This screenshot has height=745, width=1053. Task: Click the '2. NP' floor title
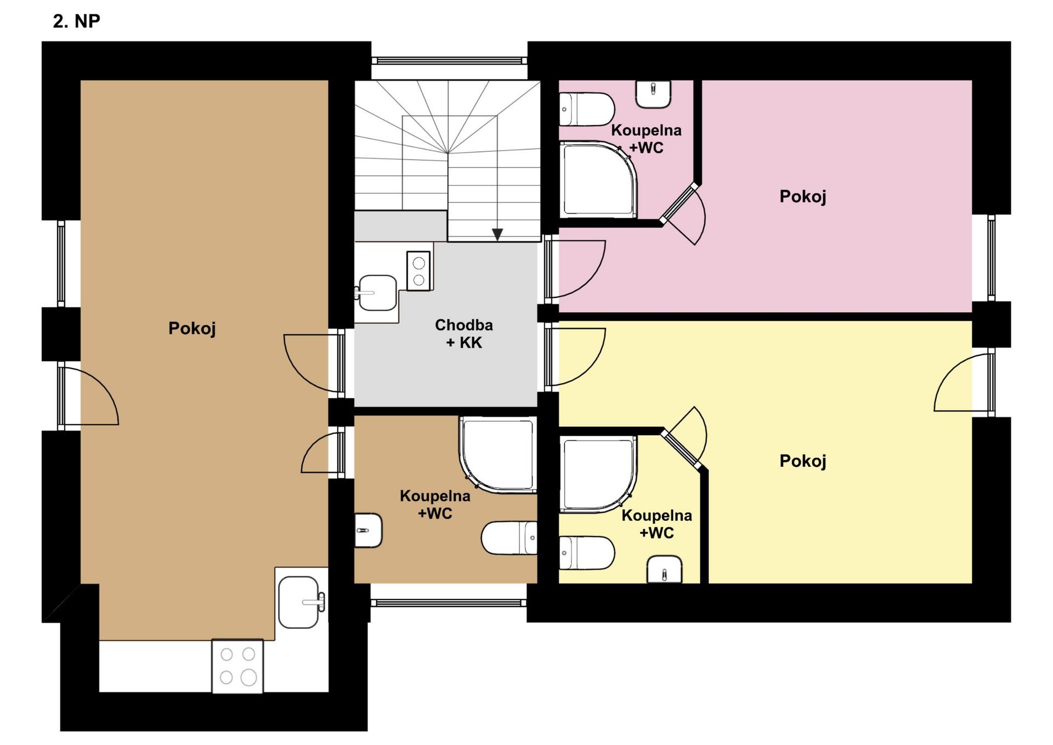coord(76,21)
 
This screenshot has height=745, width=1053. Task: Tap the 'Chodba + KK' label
coord(464,334)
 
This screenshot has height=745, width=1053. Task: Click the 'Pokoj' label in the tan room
coord(192,329)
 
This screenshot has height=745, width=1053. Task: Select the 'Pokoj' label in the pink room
coord(803,197)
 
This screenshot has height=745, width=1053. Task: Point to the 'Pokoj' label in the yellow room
coord(803,461)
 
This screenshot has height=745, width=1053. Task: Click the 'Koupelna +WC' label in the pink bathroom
coord(647,139)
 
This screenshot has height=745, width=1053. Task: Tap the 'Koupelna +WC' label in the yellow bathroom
coord(657,524)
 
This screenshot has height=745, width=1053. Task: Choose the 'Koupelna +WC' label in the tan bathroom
coord(435,504)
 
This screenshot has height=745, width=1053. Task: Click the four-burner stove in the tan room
coord(237,666)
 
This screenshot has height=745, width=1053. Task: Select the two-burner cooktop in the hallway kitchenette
coord(418,271)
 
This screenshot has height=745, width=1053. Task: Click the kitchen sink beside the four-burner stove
coord(301,602)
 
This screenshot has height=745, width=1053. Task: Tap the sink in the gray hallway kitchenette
coord(376,293)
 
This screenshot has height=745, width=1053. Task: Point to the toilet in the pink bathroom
coord(587,109)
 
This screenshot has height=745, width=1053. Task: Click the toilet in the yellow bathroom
coord(587,552)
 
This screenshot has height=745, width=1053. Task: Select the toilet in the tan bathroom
coord(509,538)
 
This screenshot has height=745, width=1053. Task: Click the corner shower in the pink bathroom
coord(598,180)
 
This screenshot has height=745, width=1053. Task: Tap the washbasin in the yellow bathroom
coord(665,569)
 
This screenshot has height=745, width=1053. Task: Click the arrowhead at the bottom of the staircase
coord(497,234)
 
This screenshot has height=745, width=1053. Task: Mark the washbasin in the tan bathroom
coord(368,530)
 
